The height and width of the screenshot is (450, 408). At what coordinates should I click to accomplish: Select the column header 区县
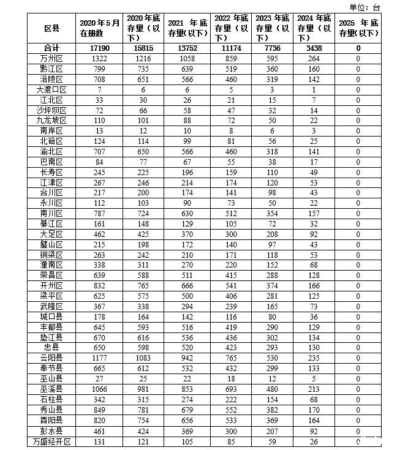pos(51,28)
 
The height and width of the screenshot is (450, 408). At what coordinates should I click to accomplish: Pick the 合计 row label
pos(51,48)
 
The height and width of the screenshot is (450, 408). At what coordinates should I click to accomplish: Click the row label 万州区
pos(51,58)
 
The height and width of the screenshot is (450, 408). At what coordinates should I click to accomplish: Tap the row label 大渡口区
pos(51,89)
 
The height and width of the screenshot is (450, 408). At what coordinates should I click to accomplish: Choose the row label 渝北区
pos(51,151)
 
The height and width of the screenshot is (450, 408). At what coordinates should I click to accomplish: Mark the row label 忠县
pos(51,347)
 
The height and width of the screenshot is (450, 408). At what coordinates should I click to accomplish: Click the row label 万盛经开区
pos(51,441)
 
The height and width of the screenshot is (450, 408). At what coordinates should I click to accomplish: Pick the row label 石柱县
pos(51,399)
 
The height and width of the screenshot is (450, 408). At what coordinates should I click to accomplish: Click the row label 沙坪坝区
pos(51,110)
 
